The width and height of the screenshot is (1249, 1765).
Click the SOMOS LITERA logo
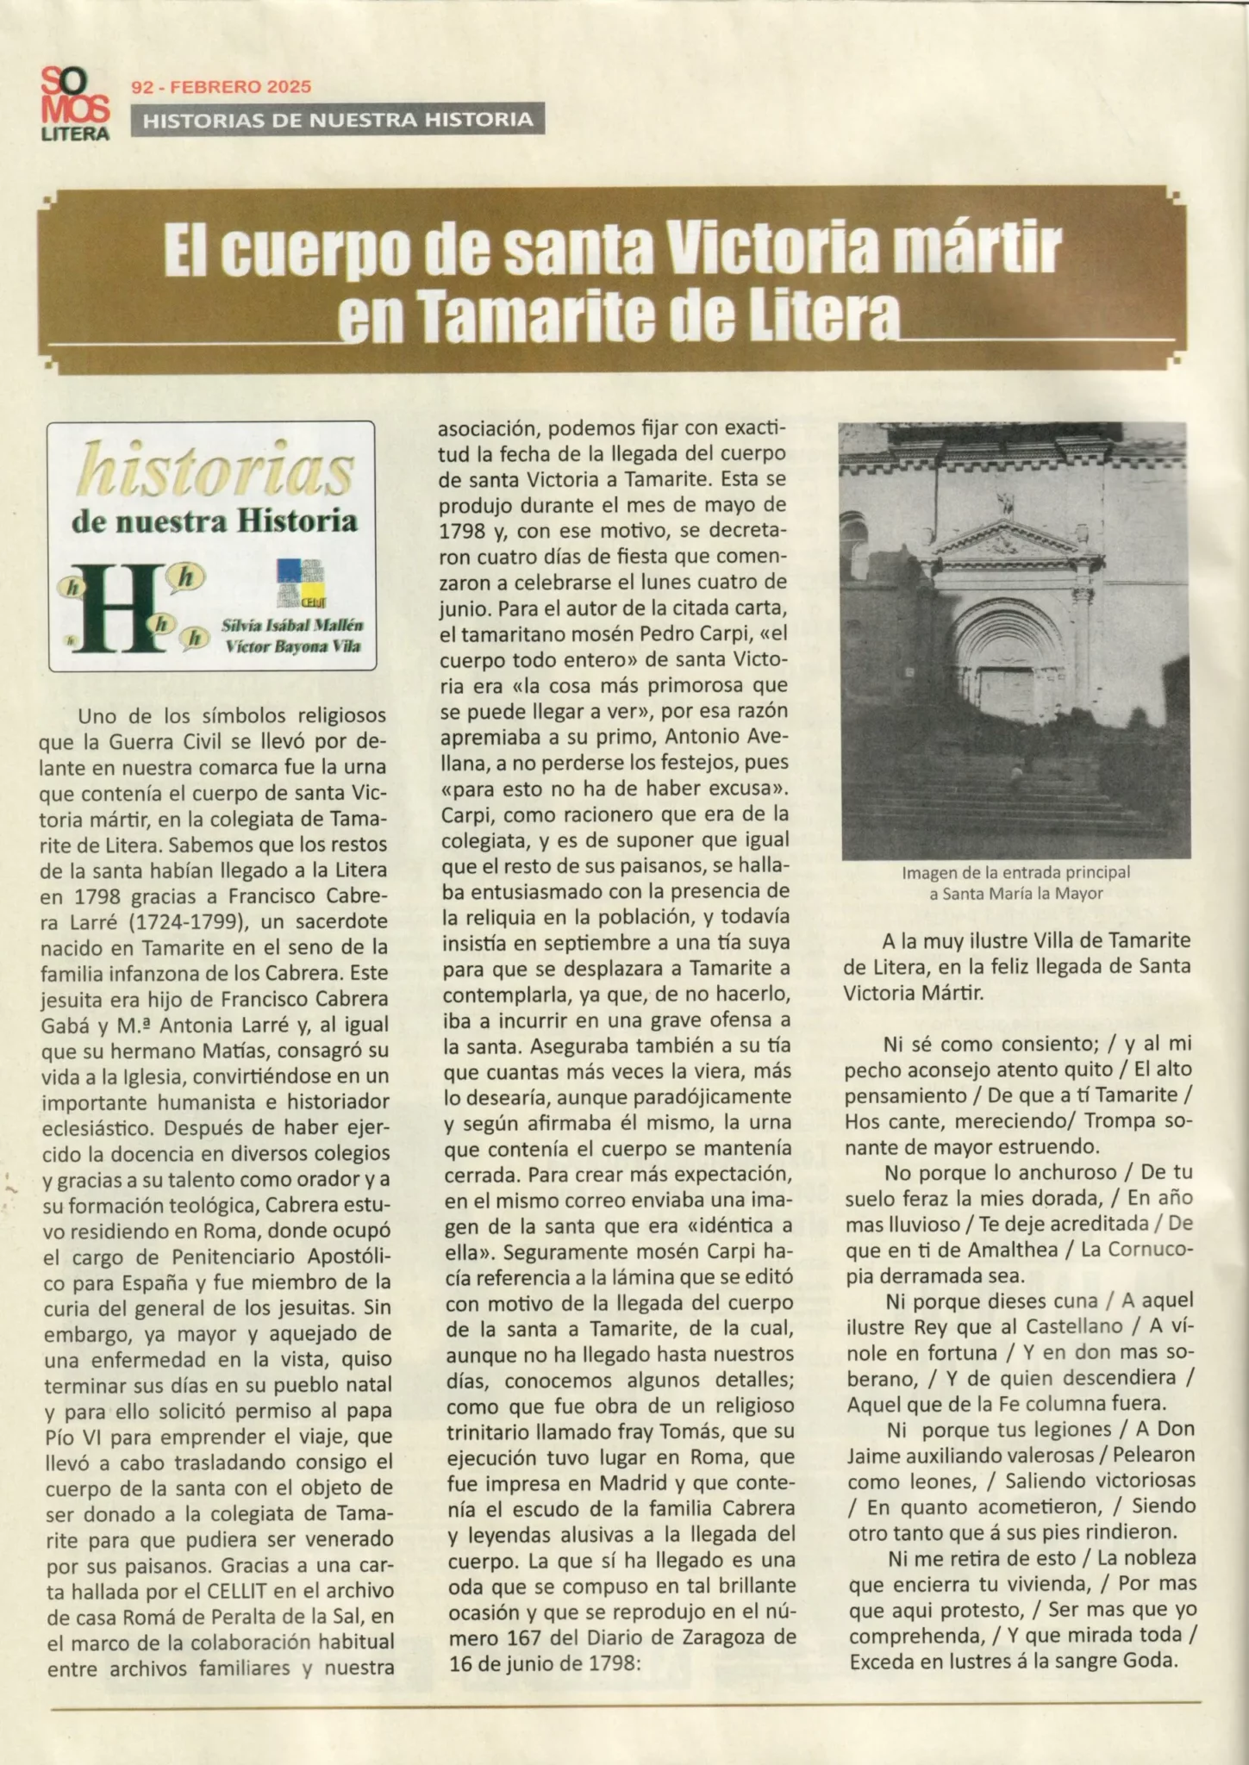pos(75,104)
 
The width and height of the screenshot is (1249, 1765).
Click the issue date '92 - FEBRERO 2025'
pos(221,86)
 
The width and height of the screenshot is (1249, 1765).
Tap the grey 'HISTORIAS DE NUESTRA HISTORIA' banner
pos(338,120)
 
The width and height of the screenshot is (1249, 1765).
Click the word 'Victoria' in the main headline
pos(779,252)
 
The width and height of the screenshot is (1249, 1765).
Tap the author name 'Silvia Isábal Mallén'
pos(292,625)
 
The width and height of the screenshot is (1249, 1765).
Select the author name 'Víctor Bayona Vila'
pos(292,646)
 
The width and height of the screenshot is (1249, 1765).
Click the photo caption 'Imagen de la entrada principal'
pos(1015,872)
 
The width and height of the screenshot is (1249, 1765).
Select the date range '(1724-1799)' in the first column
pos(187,921)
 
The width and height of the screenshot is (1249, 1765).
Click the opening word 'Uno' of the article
pos(97,715)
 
